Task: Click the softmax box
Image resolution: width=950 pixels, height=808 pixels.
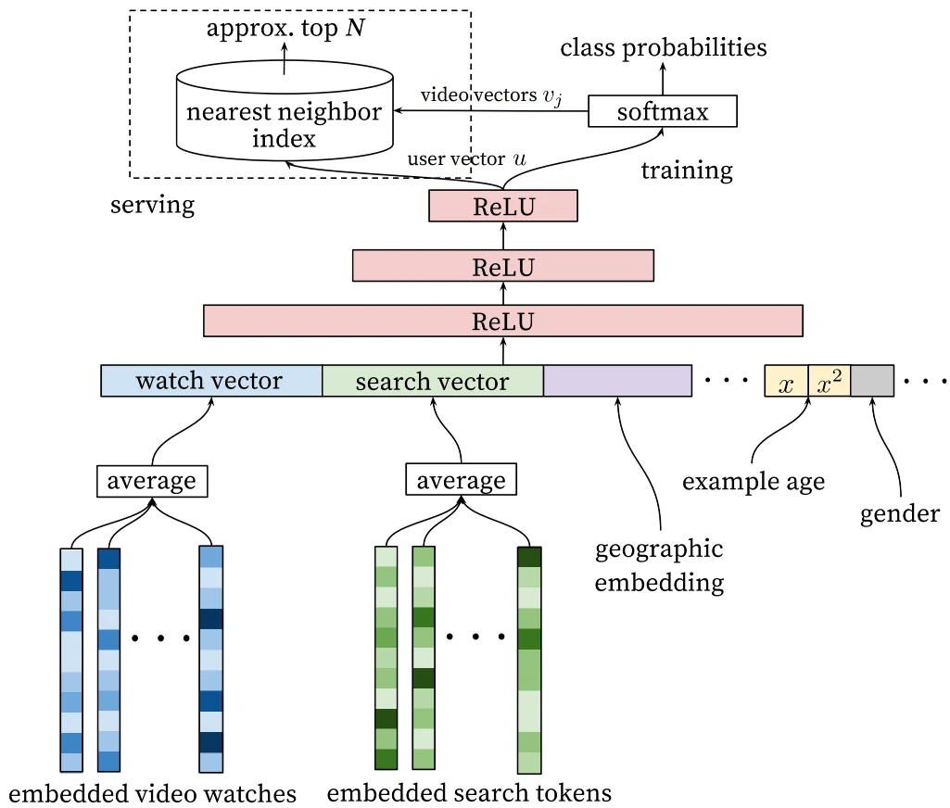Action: coord(662,112)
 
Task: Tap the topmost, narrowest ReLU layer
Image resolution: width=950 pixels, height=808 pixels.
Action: coord(503,206)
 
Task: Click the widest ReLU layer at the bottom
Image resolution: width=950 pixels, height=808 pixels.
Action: coord(503,322)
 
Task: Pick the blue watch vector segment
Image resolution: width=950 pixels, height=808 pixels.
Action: coord(211,381)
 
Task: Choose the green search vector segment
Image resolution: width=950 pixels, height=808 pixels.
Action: coord(432,381)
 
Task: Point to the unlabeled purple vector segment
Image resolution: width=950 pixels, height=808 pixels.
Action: coord(617,381)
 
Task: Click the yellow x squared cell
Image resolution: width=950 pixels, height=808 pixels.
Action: coord(830,381)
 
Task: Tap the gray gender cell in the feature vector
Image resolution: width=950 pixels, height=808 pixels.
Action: coord(872,381)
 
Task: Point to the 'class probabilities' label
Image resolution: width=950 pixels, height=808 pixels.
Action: coord(664,47)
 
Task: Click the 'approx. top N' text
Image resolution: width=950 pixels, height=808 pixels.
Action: coord(285,28)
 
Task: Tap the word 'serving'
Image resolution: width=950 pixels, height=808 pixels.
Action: coord(153,204)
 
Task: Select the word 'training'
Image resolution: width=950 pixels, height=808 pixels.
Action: coord(687,170)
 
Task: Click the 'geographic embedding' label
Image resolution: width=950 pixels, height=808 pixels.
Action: coord(659,565)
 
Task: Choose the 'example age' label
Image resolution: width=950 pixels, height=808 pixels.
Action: coord(754,482)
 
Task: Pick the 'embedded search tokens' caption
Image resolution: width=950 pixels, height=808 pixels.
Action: coord(469,793)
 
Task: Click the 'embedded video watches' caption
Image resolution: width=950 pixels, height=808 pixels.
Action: coord(152,793)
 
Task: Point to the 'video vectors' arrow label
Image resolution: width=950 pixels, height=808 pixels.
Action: coord(477,95)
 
